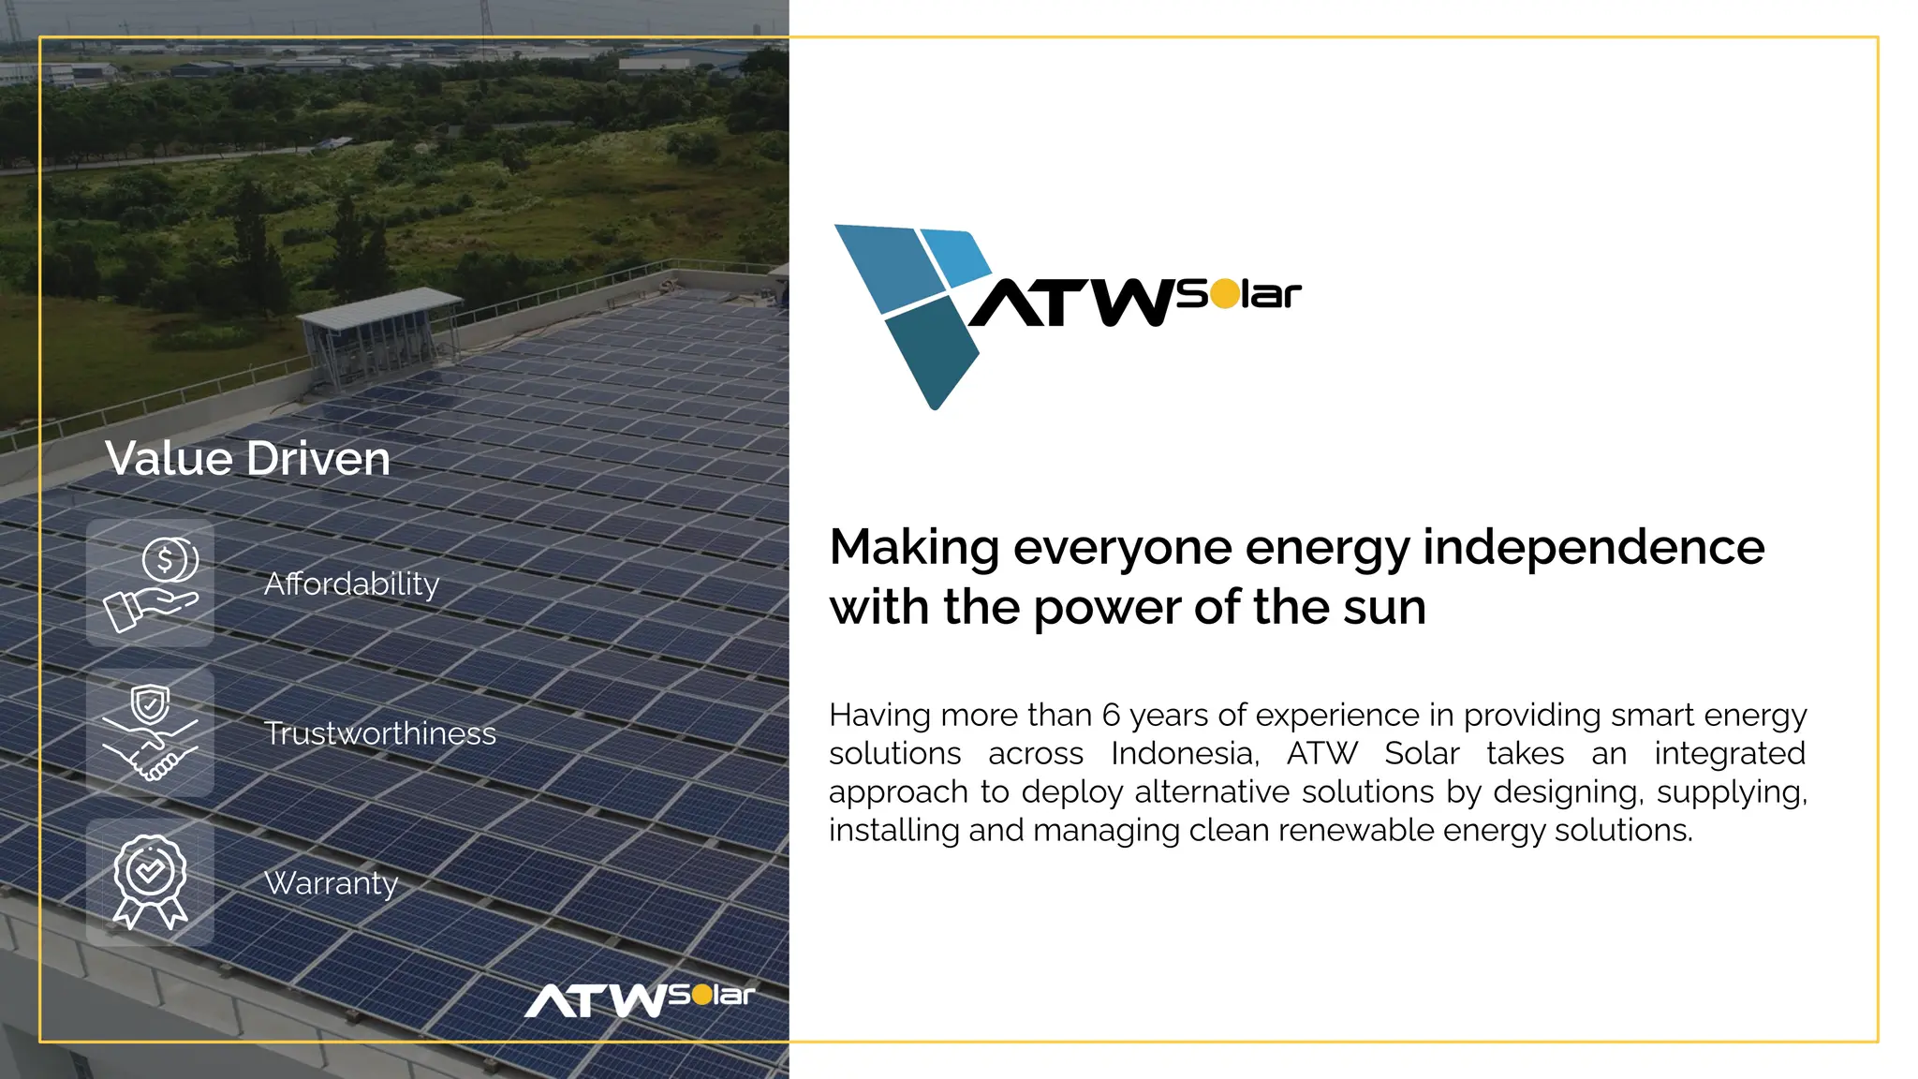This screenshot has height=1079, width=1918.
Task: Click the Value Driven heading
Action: coord(247,459)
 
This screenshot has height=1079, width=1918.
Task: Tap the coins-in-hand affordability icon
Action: coord(151,584)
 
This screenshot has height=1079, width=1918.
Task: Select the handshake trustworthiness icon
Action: coord(151,733)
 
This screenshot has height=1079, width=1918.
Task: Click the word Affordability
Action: coord(351,584)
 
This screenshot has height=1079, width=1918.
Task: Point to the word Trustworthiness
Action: coord(379,733)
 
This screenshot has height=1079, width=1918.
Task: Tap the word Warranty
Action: coord(332,883)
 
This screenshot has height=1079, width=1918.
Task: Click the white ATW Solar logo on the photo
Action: coord(640,999)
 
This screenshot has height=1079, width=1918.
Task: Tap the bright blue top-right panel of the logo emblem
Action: coord(955,254)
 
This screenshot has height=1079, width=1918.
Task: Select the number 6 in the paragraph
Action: coord(1111,716)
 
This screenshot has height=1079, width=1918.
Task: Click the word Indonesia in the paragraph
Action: coord(1185,754)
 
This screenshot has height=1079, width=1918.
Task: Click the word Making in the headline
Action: coord(914,547)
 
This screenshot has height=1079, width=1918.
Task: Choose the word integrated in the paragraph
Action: coord(1729,754)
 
